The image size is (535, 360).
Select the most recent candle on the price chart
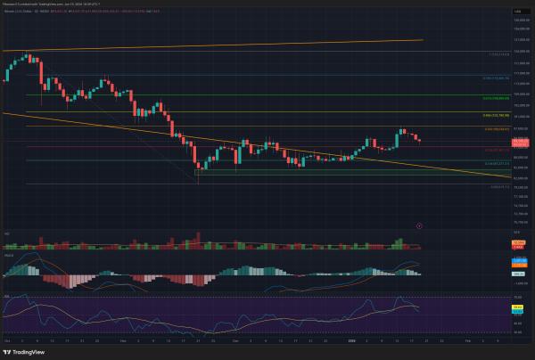point(419,139)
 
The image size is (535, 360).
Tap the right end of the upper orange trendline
point(422,39)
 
